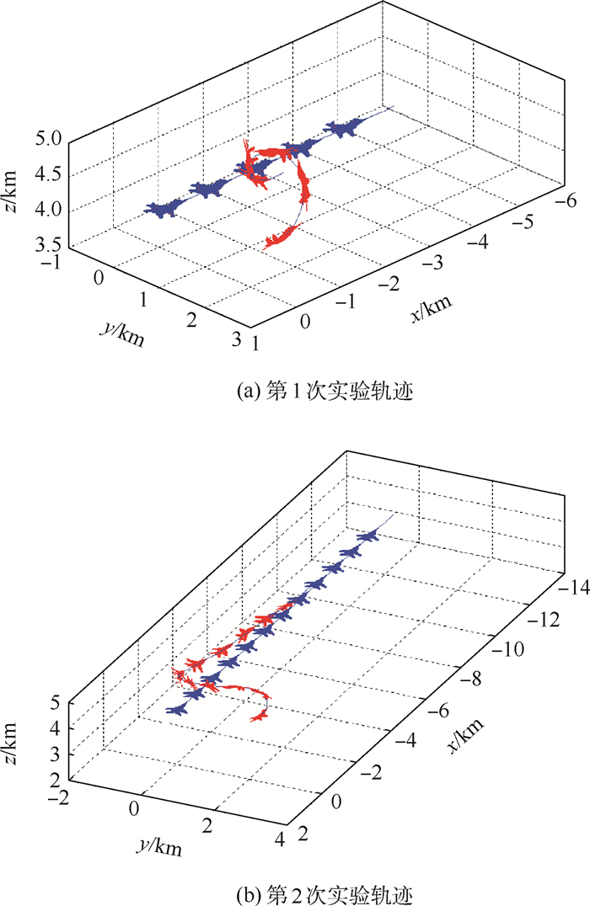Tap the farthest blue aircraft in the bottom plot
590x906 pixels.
[367, 536]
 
